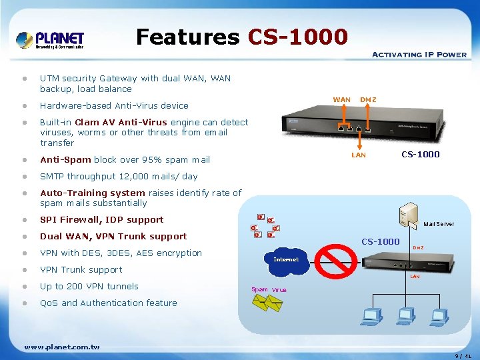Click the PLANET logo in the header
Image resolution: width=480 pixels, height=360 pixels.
(x=51, y=40)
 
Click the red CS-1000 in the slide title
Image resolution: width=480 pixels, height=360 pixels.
(x=298, y=37)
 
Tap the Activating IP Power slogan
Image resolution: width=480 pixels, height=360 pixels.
(x=419, y=54)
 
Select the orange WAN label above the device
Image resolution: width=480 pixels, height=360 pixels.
(x=341, y=100)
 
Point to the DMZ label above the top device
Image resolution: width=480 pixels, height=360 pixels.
(x=368, y=100)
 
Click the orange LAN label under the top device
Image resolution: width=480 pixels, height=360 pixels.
(x=359, y=155)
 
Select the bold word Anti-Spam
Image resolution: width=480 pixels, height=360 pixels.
(x=65, y=159)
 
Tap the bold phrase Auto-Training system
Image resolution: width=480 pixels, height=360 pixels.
(x=93, y=193)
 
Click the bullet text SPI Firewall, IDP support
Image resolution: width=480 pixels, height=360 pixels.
(x=101, y=219)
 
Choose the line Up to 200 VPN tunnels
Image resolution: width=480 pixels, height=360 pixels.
(x=89, y=286)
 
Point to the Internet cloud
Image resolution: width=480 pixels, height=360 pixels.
(x=286, y=261)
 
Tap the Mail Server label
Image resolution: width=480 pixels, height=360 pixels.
(x=439, y=224)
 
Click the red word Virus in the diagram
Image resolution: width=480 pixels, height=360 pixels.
(x=279, y=290)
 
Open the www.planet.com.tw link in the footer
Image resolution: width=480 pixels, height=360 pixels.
(x=61, y=347)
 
